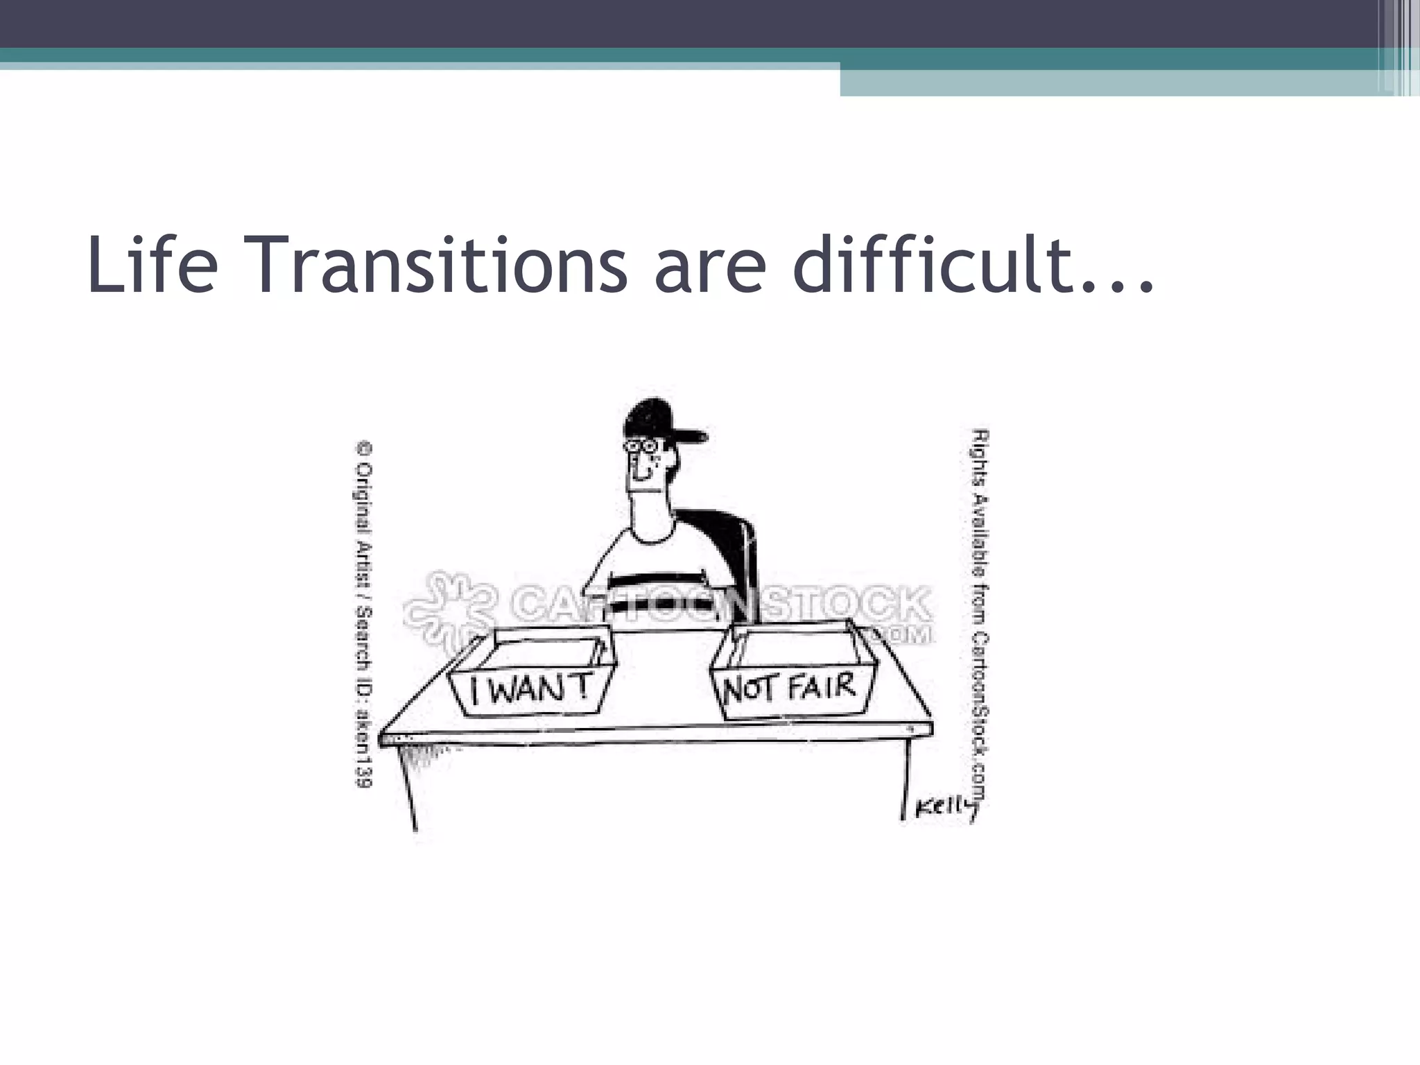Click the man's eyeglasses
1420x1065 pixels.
click(x=642, y=448)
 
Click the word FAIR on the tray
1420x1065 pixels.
click(x=821, y=687)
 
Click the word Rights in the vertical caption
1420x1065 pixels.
click(x=980, y=454)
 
